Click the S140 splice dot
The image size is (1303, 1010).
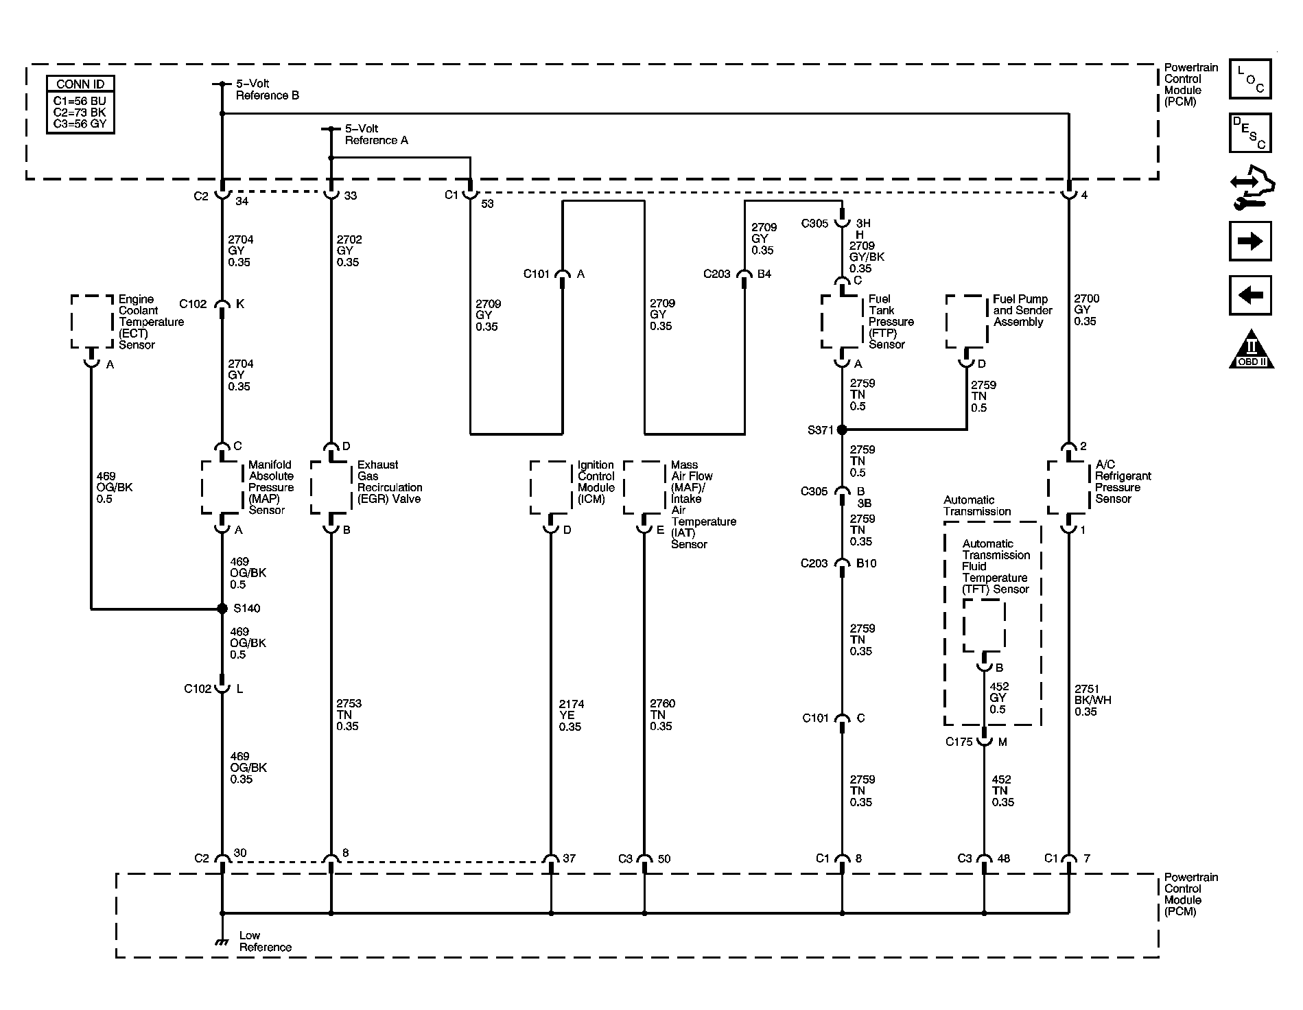(x=222, y=609)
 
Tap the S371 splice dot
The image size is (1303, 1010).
(x=842, y=430)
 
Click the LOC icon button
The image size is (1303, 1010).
(x=1250, y=80)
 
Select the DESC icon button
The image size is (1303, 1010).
(x=1250, y=132)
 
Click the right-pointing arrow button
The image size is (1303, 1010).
(x=1250, y=241)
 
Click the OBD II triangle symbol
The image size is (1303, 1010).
(x=1251, y=350)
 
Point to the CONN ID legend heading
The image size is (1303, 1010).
(x=80, y=84)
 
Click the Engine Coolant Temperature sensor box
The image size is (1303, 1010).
(x=92, y=322)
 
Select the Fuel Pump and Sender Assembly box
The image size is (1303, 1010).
(x=967, y=322)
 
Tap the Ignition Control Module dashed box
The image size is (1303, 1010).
(x=551, y=487)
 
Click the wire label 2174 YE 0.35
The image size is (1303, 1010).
(x=570, y=715)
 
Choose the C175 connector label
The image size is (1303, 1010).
(x=959, y=742)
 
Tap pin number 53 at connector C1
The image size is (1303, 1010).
(x=487, y=204)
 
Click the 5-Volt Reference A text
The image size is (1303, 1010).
(x=376, y=134)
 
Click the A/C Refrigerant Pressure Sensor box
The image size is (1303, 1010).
(x=1068, y=487)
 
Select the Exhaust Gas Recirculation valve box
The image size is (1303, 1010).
(x=331, y=487)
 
